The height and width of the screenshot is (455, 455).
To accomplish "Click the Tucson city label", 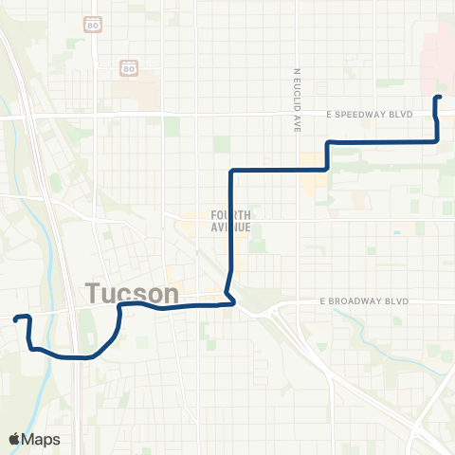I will click(x=134, y=294).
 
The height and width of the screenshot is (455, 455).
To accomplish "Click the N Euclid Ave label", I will click(x=297, y=99).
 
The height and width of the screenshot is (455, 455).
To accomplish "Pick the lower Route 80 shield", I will click(x=127, y=67).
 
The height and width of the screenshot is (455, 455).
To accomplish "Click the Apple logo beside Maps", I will click(x=15, y=439).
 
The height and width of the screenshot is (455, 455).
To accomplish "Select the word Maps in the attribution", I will click(x=42, y=439).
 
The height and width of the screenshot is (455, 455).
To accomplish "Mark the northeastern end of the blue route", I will click(x=439, y=98).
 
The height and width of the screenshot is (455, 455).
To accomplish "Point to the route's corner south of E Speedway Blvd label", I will click(x=329, y=142).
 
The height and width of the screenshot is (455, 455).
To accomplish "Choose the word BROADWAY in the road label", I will click(x=368, y=301).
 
